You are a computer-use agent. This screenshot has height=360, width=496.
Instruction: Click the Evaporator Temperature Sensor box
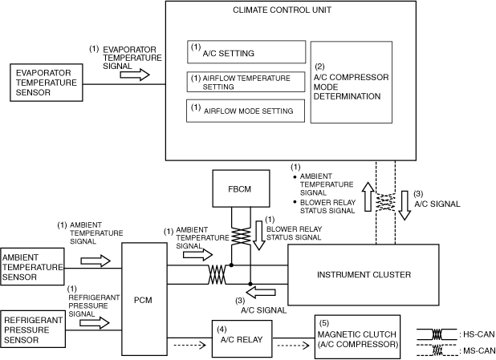click(x=47, y=83)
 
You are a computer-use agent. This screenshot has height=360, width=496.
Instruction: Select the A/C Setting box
click(x=246, y=52)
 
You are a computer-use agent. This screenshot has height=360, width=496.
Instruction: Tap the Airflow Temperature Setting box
click(x=246, y=82)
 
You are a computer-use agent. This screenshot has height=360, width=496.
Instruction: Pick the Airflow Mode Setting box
click(x=246, y=111)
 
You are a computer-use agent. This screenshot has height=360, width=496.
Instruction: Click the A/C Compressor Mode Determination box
click(x=352, y=82)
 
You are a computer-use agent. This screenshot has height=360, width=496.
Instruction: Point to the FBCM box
click(x=241, y=188)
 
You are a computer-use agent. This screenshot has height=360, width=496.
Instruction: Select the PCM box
click(x=144, y=299)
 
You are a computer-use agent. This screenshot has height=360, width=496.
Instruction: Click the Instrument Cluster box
click(x=363, y=275)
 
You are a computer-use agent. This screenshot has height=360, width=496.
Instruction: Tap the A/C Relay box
click(x=242, y=338)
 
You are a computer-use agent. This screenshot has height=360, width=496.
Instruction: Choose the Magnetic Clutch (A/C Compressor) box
click(x=357, y=337)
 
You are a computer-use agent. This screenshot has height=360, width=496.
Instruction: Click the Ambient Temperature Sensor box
click(x=32, y=267)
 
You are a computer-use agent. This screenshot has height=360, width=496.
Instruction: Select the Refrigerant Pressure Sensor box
click(x=33, y=330)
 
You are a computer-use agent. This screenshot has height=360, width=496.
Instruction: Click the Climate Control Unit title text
click(x=283, y=10)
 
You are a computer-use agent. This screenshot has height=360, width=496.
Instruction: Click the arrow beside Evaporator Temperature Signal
click(x=135, y=75)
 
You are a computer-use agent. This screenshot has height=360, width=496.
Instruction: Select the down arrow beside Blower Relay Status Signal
click(x=259, y=236)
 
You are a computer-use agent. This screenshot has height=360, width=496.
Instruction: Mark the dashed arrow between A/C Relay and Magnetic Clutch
click(x=293, y=346)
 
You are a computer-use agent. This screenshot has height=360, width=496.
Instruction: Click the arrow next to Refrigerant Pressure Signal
click(x=95, y=323)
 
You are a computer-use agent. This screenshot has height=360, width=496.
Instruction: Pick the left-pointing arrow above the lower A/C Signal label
click(x=261, y=293)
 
